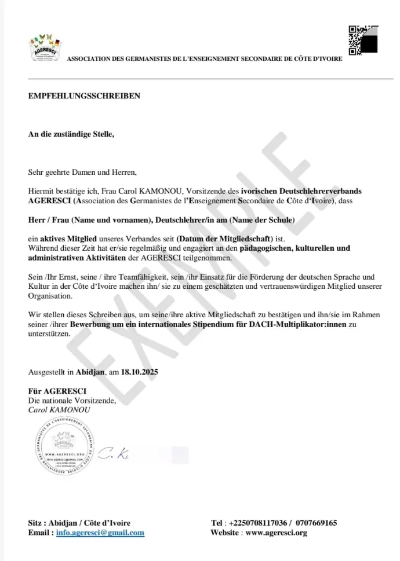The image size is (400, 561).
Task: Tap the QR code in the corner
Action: tap(363, 40)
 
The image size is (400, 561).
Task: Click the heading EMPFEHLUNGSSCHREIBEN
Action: tap(84, 96)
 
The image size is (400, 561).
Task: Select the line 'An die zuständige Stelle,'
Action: tap(71, 134)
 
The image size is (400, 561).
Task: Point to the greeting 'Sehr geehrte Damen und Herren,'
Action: tap(82, 172)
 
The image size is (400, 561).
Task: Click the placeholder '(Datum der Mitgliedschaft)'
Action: tap(224, 239)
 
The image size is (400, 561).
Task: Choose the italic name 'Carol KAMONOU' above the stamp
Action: tap(59, 409)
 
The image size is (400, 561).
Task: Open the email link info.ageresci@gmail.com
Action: tap(100, 533)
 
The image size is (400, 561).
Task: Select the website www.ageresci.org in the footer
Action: tap(276, 533)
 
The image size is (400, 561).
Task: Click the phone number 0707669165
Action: tap(316, 523)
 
